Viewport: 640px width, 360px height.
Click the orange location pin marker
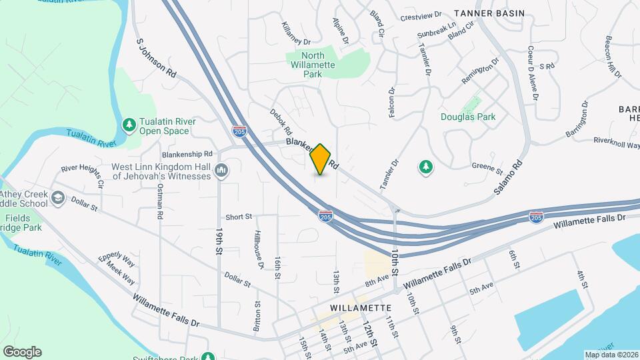pyautogui.click(x=321, y=159)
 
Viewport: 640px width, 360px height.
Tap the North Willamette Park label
pyautogui.click(x=311, y=65)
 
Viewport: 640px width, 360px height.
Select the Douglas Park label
pyautogui.click(x=468, y=117)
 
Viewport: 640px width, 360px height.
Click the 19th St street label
pyautogui.click(x=219, y=241)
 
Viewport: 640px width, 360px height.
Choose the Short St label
pyautogui.click(x=239, y=217)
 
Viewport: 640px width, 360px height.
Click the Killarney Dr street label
pyautogui.click(x=297, y=32)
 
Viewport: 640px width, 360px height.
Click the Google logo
pyautogui.click(x=22, y=352)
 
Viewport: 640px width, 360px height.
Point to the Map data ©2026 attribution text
pyautogui.click(x=611, y=355)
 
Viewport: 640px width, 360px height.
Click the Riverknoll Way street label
pyautogui.click(x=617, y=143)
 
